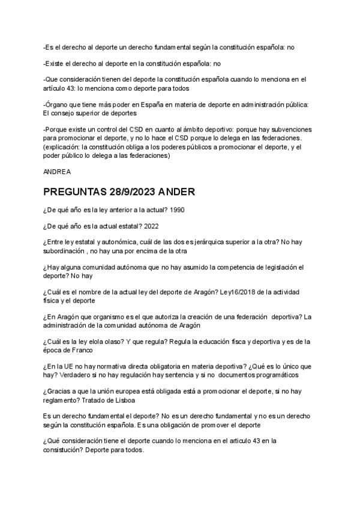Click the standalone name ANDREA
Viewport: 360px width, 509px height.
pos(57,172)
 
